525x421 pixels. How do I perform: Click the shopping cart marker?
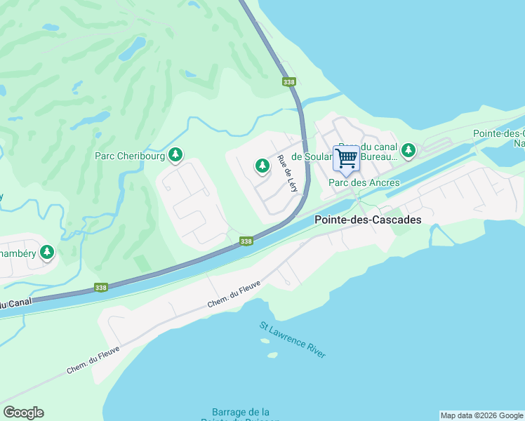pyautogui.click(x=346, y=159)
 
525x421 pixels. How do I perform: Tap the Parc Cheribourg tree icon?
pyautogui.click(x=175, y=154)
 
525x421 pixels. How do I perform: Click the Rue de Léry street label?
pyautogui.click(x=288, y=173)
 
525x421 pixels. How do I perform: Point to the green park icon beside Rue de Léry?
pyautogui.click(x=262, y=166)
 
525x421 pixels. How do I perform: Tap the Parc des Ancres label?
pyautogui.click(x=364, y=182)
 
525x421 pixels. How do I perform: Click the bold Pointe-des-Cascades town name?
pyautogui.click(x=368, y=220)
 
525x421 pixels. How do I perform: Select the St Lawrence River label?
pyautogui.click(x=293, y=340)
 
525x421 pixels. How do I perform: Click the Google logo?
pyautogui.click(x=23, y=413)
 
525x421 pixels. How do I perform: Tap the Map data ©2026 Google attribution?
pyautogui.click(x=481, y=415)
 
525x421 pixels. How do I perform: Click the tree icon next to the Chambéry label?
pyautogui.click(x=47, y=252)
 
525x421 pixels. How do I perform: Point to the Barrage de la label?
pyautogui.click(x=241, y=412)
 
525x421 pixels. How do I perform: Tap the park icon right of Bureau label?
pyautogui.click(x=408, y=149)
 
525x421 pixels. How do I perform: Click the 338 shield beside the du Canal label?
pyautogui.click(x=102, y=288)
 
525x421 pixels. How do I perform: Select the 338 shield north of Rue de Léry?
pyautogui.click(x=289, y=82)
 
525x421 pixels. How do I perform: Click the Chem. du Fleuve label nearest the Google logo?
pyautogui.click(x=93, y=359)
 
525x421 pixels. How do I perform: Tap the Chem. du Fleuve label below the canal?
pyautogui.click(x=234, y=294)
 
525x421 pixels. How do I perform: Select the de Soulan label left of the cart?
pyautogui.click(x=311, y=157)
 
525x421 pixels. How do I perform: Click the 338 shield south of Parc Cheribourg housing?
pyautogui.click(x=246, y=241)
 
